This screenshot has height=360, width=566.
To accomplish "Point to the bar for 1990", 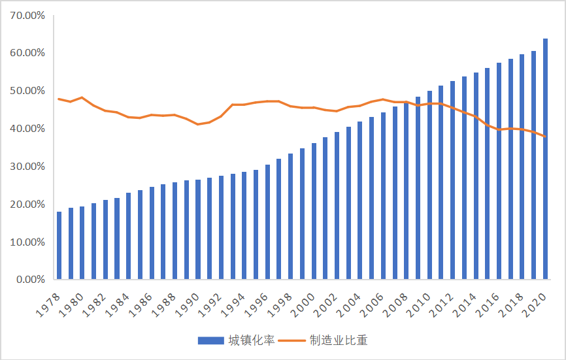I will coord(198,229).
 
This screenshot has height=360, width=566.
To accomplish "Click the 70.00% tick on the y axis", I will coord(27,14).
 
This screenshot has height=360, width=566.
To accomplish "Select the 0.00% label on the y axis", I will coord(30,280).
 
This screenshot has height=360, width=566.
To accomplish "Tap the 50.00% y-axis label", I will coord(27,90).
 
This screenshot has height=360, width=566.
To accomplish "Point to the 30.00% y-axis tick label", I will coord(27,166).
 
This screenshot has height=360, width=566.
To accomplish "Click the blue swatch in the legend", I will coord(210,340).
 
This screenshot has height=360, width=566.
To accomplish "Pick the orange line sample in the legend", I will coord(301,340).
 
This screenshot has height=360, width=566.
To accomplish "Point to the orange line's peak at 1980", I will coord(82,97).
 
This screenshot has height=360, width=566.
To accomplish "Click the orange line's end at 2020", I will coord(546,137).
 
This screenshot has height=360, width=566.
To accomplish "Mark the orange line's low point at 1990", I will coord(198,124).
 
